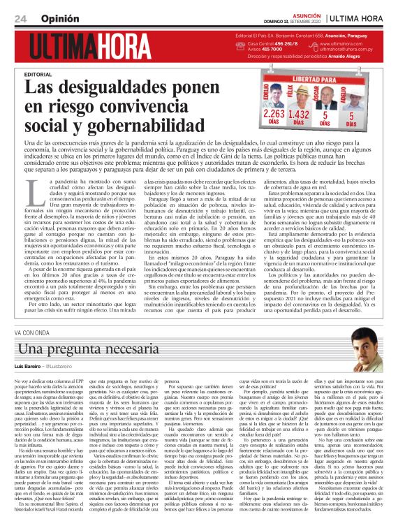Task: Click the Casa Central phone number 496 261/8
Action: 290,44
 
